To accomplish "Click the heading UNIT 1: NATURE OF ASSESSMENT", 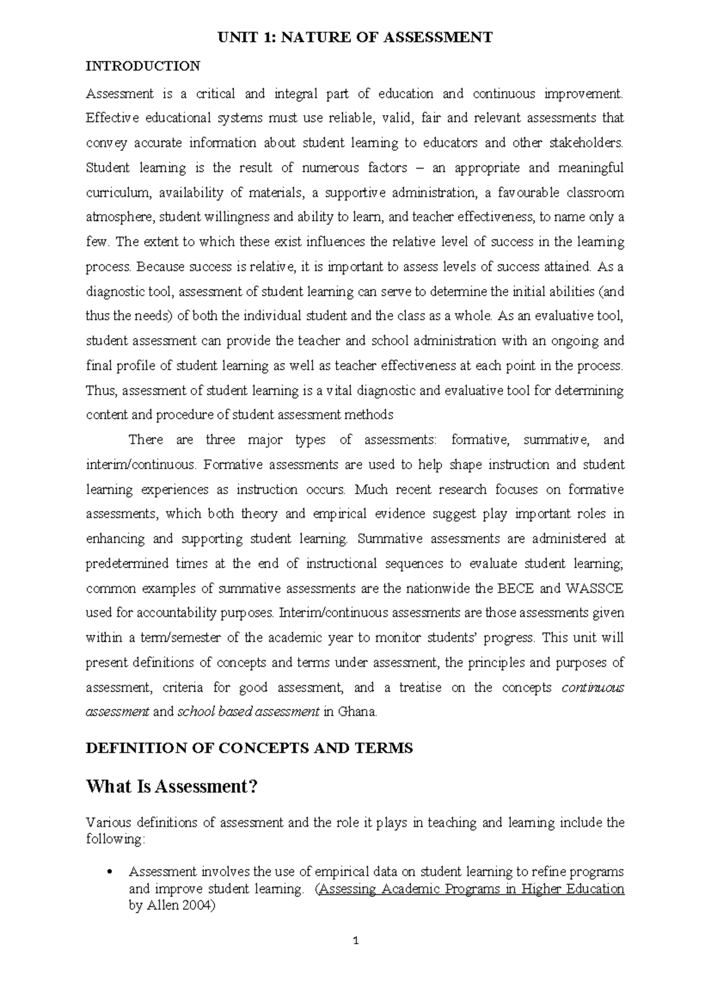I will click(355, 38).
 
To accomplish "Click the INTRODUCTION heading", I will click(143, 66).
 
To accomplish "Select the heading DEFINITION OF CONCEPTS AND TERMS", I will click(249, 748).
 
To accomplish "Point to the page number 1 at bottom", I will click(355, 940).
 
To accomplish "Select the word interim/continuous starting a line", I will click(140, 464).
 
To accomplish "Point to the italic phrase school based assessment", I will click(248, 712).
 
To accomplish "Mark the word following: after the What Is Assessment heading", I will click(115, 840).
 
